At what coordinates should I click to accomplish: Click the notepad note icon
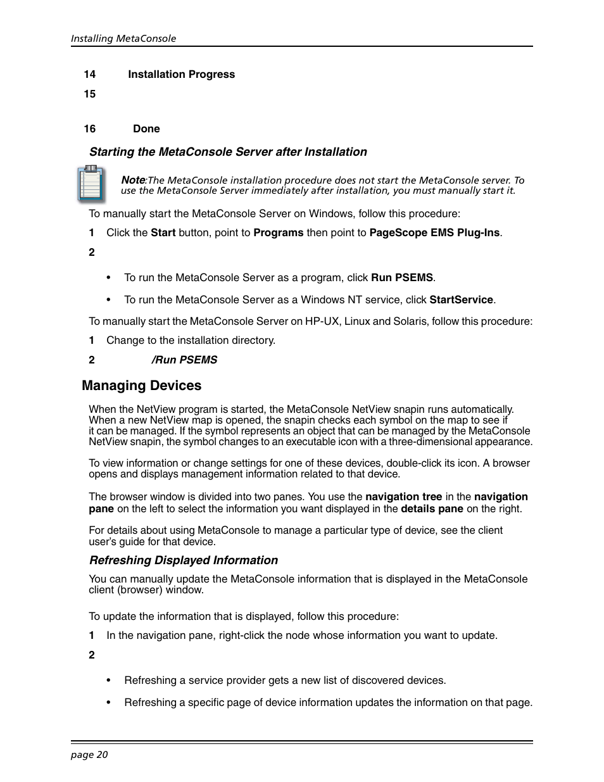[x=91, y=184]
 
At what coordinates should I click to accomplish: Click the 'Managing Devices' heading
[x=141, y=386]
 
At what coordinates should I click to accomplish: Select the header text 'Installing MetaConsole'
[x=123, y=39]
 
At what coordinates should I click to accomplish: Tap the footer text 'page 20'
[x=89, y=754]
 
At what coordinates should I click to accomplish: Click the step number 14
[x=89, y=75]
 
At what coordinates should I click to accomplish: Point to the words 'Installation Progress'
[x=181, y=75]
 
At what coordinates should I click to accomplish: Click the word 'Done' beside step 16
[x=146, y=129]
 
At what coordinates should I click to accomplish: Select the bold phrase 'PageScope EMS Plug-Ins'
[x=434, y=233]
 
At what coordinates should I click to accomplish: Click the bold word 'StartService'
[x=461, y=300]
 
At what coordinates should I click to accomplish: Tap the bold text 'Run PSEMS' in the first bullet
[x=401, y=278]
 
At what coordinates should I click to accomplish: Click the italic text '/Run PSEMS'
[x=184, y=360]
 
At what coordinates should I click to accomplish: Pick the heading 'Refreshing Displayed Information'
[x=184, y=560]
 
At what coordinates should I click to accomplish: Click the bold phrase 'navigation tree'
[x=403, y=497]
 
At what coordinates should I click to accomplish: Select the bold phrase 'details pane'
[x=432, y=509]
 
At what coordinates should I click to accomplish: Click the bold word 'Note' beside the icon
[x=133, y=180]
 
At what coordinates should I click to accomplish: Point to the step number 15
[x=89, y=94]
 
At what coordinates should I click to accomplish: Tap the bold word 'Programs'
[x=278, y=233]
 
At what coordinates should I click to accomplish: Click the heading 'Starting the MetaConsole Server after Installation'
[x=228, y=152]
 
